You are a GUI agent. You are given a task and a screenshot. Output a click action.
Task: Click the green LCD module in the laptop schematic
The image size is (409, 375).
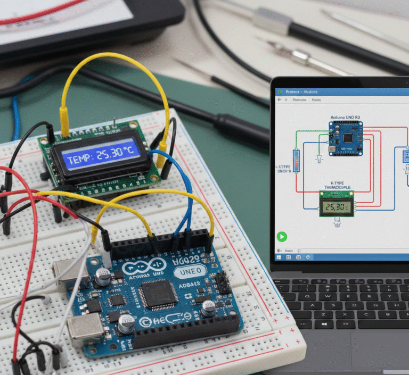click(337, 204)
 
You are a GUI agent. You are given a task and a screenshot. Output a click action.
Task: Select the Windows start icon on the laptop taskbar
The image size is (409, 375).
click(279, 250)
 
